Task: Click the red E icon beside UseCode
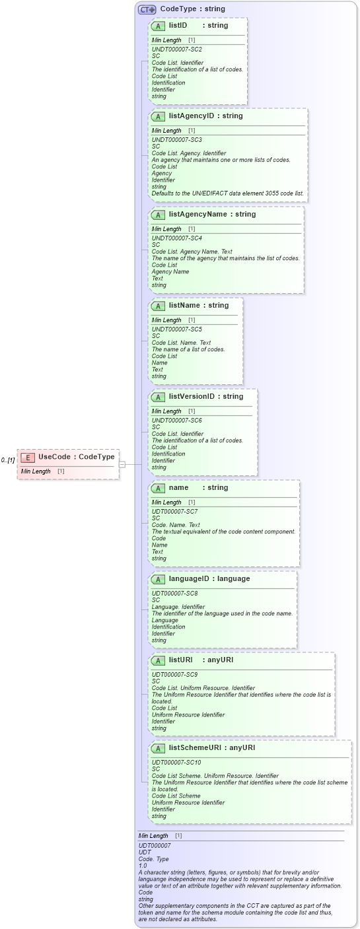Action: pyautogui.click(x=28, y=457)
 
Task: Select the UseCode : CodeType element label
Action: pyautogui.click(x=76, y=457)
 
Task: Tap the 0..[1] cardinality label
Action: pyautogui.click(x=8, y=460)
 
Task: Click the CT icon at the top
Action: pyautogui.click(x=147, y=9)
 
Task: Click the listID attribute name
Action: pyautogui.click(x=178, y=26)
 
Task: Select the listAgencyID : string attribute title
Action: pyautogui.click(x=205, y=116)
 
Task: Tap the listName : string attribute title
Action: pyautogui.click(x=198, y=306)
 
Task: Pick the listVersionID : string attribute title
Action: pyautogui.click(x=205, y=397)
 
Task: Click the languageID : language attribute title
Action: pyautogui.click(x=209, y=579)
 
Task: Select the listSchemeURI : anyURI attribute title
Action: pyautogui.click(x=211, y=748)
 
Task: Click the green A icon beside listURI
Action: pyautogui.click(x=158, y=660)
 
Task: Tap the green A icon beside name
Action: pyautogui.click(x=158, y=488)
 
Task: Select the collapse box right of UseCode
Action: pyautogui.click(x=122, y=464)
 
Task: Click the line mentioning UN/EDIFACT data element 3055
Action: pyautogui.click(x=228, y=193)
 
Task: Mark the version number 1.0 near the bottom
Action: pyautogui.click(x=143, y=866)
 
